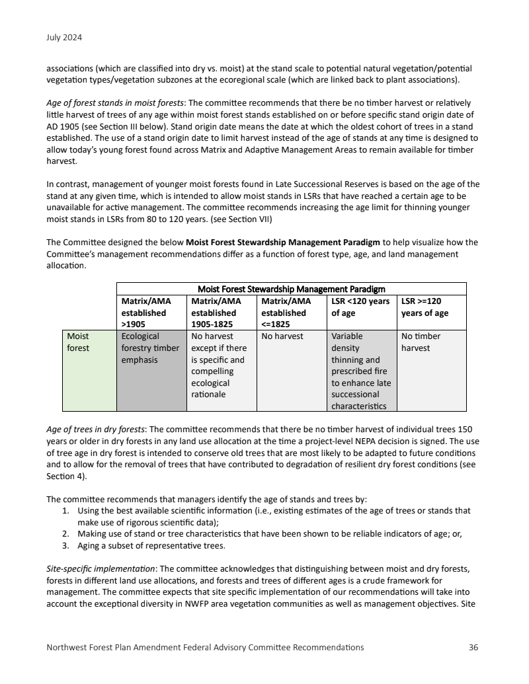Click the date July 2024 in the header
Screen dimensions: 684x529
(x=64, y=38)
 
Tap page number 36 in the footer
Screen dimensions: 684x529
(x=473, y=647)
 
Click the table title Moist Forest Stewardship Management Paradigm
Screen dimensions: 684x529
(x=292, y=288)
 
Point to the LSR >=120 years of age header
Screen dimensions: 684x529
(x=431, y=307)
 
